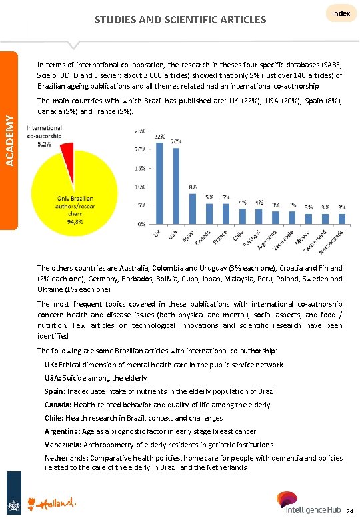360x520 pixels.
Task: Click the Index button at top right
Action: [x=341, y=14]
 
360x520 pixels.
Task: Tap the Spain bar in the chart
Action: [x=193, y=209]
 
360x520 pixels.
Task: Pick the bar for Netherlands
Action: [x=341, y=218]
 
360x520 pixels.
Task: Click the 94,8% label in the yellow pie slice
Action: [x=75, y=222]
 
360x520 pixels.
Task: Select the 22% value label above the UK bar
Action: [x=160, y=136]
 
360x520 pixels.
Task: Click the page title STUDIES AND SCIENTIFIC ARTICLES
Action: [x=180, y=19]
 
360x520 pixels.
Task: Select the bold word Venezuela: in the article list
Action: [x=65, y=445]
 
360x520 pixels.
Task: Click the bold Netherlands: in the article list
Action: [x=68, y=458]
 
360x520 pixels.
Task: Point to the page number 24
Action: [x=350, y=511]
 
